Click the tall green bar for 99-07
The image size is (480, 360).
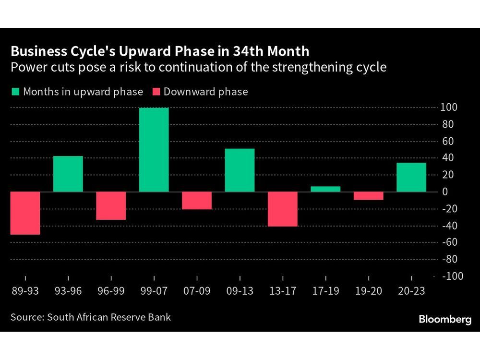[154, 150]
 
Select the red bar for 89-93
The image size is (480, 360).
[25, 213]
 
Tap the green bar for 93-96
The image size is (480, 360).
[68, 174]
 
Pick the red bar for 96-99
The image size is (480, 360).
[111, 206]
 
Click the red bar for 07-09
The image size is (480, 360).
[197, 201]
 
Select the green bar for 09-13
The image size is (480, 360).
[240, 170]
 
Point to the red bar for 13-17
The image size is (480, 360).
[283, 209]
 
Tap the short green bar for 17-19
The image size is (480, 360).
[325, 189]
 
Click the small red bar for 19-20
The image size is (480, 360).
[369, 196]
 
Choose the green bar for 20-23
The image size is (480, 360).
[411, 177]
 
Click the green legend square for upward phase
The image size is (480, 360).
[15, 92]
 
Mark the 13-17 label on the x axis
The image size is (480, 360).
[283, 291]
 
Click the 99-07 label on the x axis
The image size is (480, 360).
[154, 291]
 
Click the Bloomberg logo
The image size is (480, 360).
[445, 320]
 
